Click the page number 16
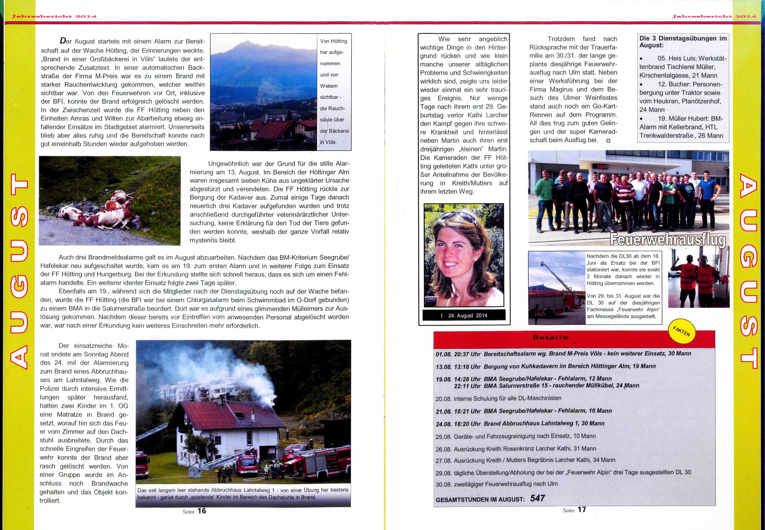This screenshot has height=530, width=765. [x=202, y=511]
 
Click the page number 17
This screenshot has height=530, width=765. [x=582, y=509]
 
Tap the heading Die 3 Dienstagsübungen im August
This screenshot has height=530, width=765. [x=683, y=41]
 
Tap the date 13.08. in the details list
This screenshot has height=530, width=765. [x=443, y=366]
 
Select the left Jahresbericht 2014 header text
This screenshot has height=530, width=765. [x=53, y=17]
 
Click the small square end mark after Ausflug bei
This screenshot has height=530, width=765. [x=608, y=140]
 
